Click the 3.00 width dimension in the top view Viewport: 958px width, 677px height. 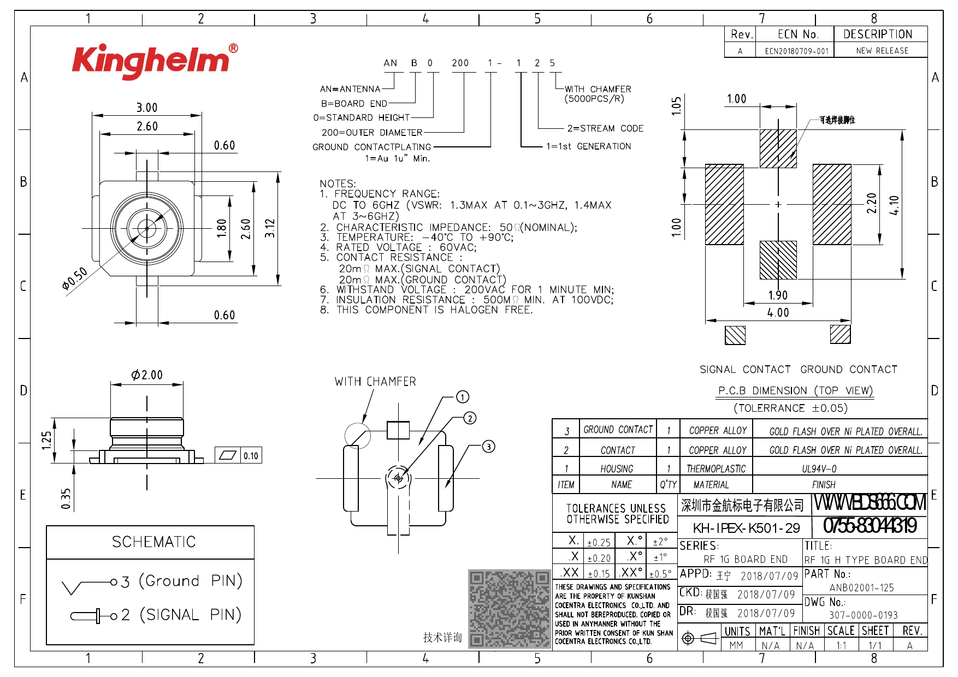point(147,108)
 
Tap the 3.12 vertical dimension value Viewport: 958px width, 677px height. point(270,228)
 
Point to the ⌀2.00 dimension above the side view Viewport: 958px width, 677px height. point(147,375)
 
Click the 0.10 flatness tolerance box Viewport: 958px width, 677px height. point(251,456)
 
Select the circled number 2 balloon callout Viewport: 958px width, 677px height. point(470,418)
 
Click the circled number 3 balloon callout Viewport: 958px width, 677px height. point(488,447)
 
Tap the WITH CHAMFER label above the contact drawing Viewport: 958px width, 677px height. point(375,382)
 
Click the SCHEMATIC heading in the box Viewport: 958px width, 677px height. point(153,542)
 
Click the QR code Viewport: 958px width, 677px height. point(509,609)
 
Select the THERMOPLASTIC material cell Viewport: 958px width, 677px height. point(715,468)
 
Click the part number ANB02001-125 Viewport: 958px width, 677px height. point(861,588)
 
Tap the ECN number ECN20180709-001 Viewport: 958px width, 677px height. point(796,51)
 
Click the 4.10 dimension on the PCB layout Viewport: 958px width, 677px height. point(894,205)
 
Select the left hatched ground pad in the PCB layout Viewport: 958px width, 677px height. point(724,204)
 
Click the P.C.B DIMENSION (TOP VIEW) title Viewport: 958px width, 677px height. point(795,391)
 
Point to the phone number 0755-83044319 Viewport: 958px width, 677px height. point(870,526)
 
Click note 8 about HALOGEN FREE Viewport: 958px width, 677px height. point(426,310)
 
